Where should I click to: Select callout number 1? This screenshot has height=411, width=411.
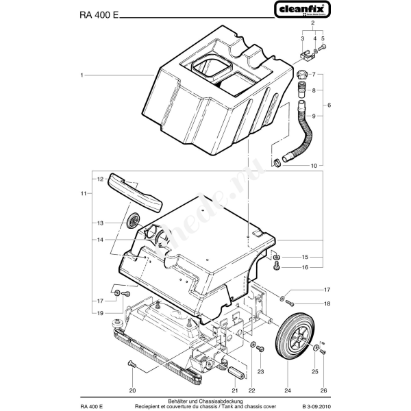82,73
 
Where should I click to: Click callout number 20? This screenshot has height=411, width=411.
132,390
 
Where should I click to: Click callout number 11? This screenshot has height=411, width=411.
82,194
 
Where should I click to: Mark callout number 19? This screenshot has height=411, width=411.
100,313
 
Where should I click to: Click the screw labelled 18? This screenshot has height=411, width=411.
290,303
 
